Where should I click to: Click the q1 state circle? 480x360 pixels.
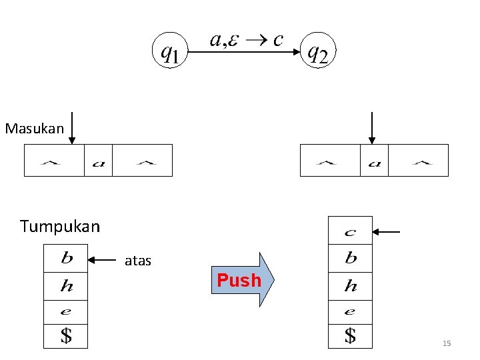169,51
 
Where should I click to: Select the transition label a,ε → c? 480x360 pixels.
245,40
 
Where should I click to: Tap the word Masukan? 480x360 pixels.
34,127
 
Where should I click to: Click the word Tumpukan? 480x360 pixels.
60,227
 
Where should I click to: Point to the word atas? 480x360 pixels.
138,261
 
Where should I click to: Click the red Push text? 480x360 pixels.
239,280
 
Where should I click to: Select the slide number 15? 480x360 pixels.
447,343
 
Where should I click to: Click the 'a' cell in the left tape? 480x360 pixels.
98,161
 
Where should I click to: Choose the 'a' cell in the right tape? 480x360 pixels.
374,161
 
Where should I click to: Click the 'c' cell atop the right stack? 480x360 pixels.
350,232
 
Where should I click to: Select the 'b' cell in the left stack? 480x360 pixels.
66,258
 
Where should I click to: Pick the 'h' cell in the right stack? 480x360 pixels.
350,286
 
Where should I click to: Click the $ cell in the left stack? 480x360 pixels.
66,336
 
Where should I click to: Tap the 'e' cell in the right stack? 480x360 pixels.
350,311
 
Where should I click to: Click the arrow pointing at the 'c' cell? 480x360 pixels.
386,232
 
